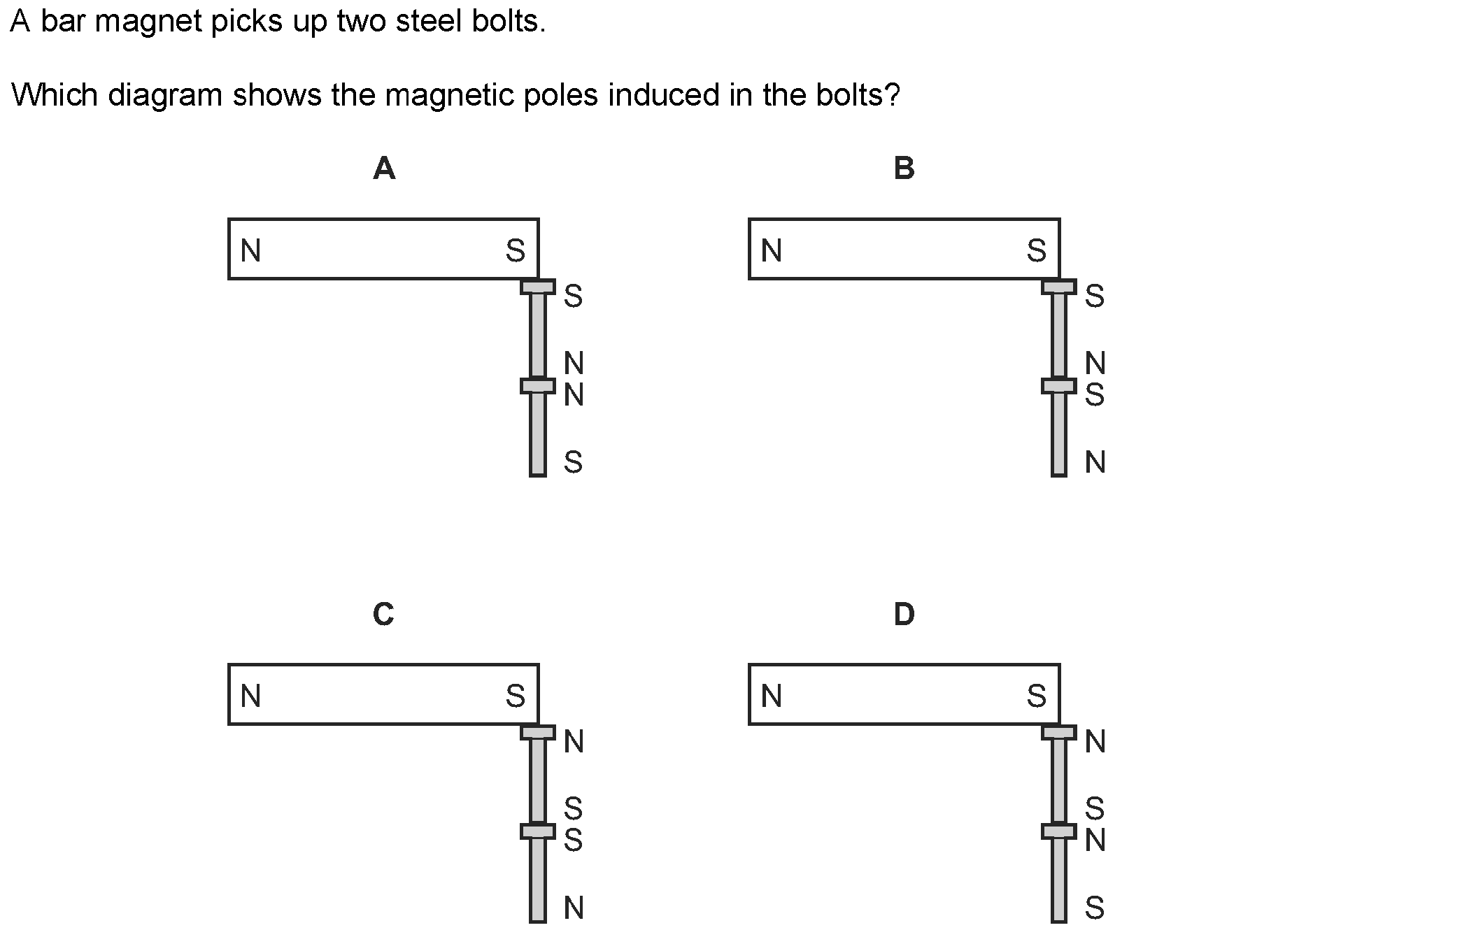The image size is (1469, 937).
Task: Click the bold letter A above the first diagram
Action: (384, 169)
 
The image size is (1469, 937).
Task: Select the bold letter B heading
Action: (904, 169)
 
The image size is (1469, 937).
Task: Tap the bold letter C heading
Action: (383, 614)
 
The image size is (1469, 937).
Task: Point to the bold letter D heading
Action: (904, 614)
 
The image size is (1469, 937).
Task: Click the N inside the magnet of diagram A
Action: (250, 250)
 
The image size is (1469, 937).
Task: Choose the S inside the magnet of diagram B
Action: (1037, 250)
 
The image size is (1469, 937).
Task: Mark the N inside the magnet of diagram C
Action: (250, 696)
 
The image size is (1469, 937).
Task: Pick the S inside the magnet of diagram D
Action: (1037, 696)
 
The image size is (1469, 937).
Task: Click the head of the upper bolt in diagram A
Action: (538, 287)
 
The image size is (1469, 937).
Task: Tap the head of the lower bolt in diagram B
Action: (1059, 386)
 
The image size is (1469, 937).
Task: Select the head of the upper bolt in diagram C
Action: (538, 733)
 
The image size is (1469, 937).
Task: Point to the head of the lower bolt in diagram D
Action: (1059, 831)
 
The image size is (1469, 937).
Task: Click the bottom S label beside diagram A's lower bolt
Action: (573, 462)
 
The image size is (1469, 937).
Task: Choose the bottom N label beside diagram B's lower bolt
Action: (1095, 462)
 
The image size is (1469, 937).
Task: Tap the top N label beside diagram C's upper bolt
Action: (574, 741)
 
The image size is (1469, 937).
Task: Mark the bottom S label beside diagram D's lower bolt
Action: (1095, 908)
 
